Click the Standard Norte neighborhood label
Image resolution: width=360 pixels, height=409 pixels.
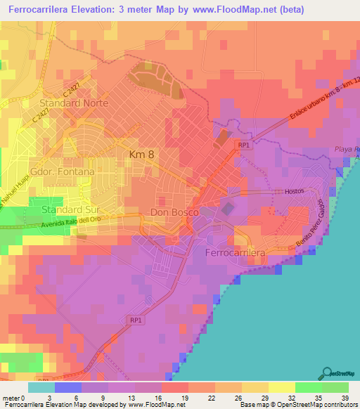(75, 103)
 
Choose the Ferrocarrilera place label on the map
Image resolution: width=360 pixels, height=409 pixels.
(235, 252)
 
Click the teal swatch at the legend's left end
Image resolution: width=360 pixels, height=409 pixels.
(41, 387)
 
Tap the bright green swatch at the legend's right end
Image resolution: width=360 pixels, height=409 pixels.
(335, 387)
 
